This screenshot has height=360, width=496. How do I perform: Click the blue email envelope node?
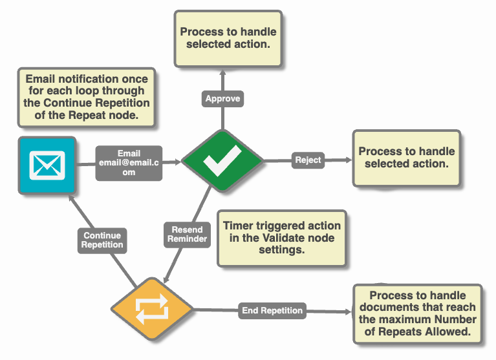click(47, 165)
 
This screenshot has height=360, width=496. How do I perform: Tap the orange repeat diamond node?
click(152, 310)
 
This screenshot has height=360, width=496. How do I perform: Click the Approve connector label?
click(222, 99)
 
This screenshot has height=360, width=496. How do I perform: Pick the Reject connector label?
click(308, 160)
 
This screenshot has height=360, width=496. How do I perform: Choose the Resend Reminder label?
click(188, 234)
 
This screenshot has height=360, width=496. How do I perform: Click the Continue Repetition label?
click(102, 240)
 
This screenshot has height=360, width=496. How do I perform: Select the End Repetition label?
click(272, 310)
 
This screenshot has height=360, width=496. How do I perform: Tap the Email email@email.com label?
click(129, 163)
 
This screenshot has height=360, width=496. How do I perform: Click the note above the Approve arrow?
click(228, 38)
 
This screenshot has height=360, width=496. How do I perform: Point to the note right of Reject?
click(406, 158)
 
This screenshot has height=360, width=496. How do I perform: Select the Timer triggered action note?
click(281, 238)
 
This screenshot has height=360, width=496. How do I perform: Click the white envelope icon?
click(47, 165)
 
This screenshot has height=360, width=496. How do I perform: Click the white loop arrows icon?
click(152, 311)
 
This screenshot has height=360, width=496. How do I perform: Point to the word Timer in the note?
click(237, 226)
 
